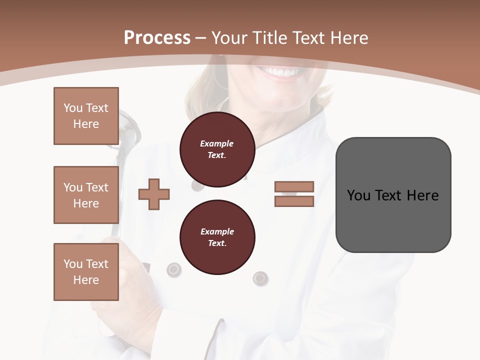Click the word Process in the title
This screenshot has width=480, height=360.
157,38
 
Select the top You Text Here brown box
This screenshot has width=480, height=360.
86,116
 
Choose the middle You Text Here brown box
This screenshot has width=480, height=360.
86,195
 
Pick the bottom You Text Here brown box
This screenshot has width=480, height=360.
86,272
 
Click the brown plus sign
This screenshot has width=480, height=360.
154,194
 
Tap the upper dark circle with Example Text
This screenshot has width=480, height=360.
217,149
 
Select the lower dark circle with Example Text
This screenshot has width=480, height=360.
217,237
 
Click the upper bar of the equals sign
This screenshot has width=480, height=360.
294,187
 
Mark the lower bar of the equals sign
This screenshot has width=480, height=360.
294,201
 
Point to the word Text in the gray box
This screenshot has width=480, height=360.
388,195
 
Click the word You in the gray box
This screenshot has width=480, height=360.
358,195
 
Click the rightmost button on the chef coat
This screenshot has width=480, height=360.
260,277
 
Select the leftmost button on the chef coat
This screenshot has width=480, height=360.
173,269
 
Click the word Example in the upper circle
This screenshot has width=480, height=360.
217,143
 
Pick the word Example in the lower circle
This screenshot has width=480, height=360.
217,231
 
